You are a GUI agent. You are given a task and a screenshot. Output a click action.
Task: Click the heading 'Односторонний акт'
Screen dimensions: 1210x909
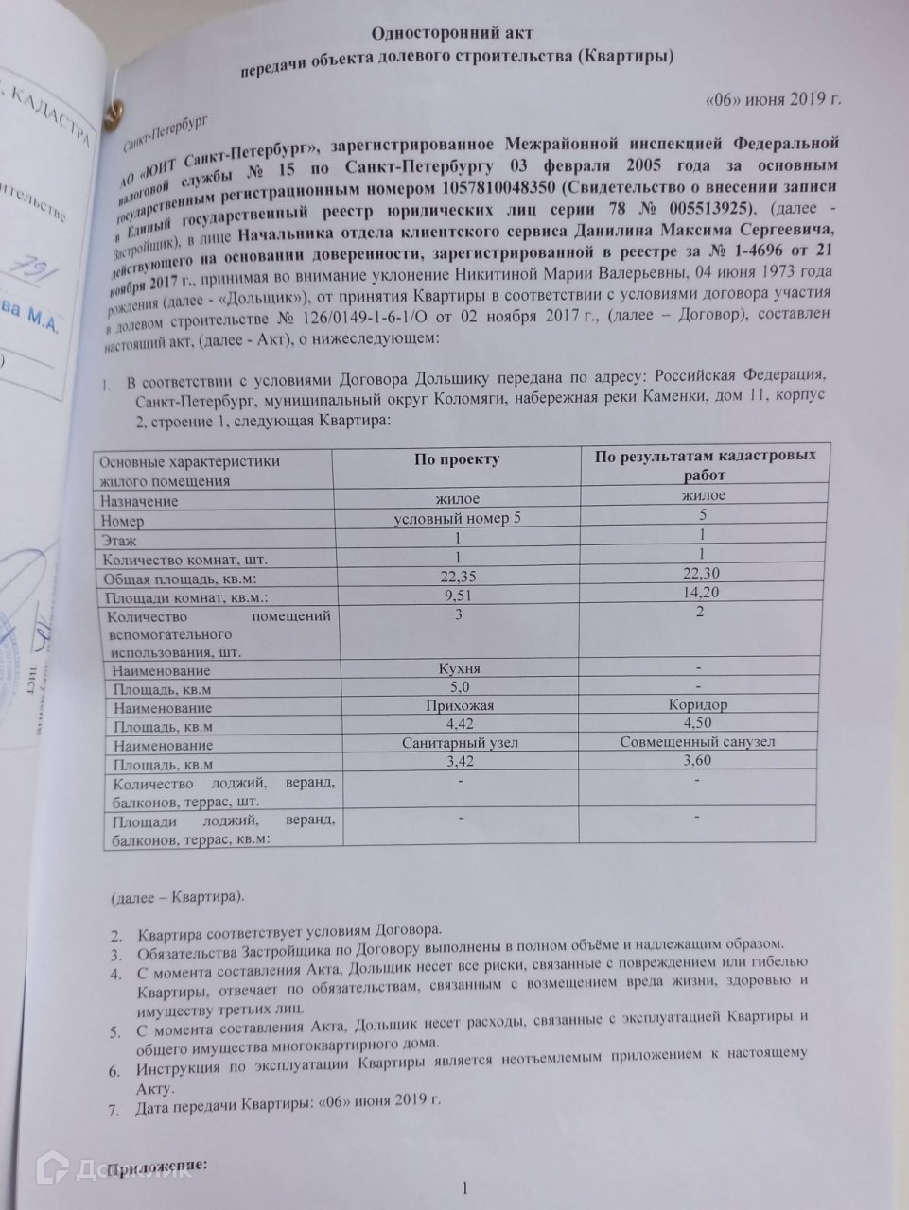[455, 32]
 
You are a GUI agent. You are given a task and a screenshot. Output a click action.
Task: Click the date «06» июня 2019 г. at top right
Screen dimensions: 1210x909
[774, 99]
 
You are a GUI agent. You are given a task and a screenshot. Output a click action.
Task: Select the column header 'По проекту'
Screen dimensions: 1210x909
[456, 459]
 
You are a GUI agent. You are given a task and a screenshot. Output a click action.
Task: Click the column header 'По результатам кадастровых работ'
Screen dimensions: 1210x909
[704, 465]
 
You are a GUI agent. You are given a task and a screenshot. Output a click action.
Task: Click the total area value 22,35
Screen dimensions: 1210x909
[459, 577]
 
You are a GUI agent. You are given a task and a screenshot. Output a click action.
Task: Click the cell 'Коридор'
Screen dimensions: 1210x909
[697, 705]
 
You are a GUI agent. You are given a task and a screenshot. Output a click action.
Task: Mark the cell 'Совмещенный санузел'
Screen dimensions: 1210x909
[697, 742]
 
